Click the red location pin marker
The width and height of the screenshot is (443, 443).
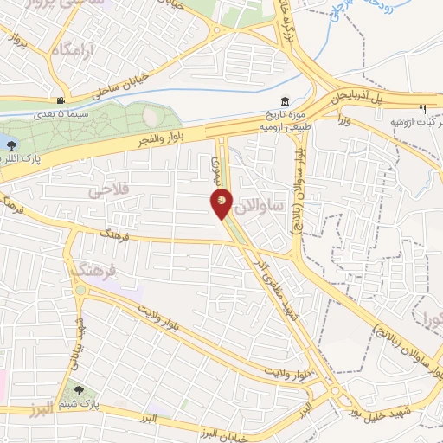pos(222,203)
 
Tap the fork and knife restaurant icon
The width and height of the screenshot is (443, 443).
pos(422,109)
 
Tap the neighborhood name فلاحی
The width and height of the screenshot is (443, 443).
pos(108,187)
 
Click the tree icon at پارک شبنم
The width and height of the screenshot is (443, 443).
pos(79,392)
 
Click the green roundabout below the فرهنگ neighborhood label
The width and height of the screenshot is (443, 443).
pos(80,291)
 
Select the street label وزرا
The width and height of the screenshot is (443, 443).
pos(347,119)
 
